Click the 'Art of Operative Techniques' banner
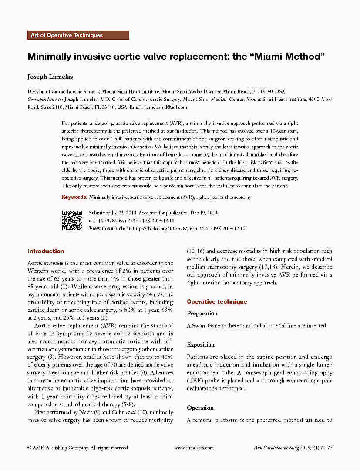[78, 35]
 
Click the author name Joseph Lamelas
[50, 77]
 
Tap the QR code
[72, 220]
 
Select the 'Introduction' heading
[46, 251]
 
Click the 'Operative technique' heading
[217, 301]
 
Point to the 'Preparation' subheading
[202, 313]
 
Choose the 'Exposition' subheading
[201, 344]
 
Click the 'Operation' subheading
[200, 408]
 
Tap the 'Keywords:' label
[74, 197]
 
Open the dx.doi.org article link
[188, 228]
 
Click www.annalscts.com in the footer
[194, 448]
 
